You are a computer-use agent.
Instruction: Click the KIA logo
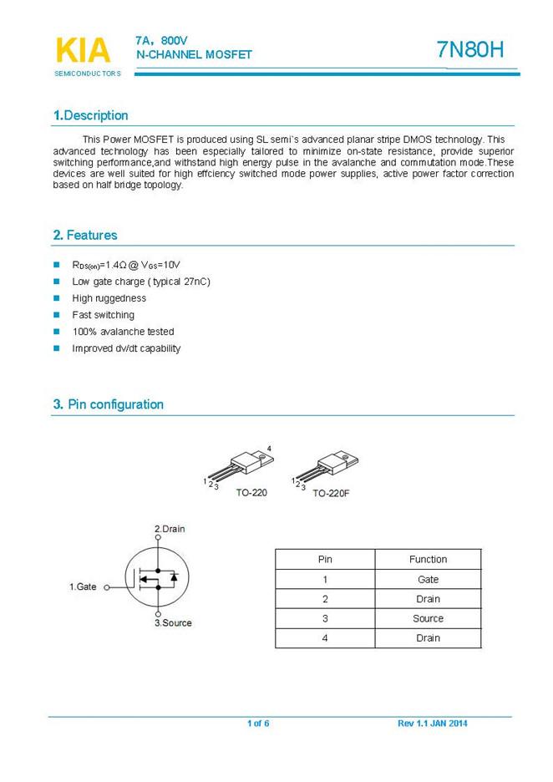point(83,50)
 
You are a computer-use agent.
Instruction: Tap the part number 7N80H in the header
point(470,50)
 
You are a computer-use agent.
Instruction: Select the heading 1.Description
point(90,115)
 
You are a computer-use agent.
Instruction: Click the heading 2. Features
point(85,236)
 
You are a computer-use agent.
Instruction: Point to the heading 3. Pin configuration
point(108,404)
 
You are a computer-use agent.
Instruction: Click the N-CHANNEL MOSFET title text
point(194,54)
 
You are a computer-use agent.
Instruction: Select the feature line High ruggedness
point(109,298)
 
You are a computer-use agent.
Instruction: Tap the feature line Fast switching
point(103,315)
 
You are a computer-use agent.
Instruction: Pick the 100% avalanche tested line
point(123,332)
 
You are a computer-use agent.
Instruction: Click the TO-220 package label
point(251,493)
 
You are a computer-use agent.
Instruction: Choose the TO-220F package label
point(331,494)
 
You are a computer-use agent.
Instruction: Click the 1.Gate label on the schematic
point(83,587)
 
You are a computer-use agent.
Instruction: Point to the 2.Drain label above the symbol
point(170,529)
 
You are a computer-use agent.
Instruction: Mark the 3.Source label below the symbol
point(173,623)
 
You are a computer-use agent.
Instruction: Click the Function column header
point(428,560)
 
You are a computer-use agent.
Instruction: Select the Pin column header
point(325,560)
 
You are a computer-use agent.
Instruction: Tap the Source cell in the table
point(428,619)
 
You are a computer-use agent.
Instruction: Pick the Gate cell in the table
point(428,580)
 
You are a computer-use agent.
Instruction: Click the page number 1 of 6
point(258,724)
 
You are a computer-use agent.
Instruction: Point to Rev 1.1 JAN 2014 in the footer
point(432,724)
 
